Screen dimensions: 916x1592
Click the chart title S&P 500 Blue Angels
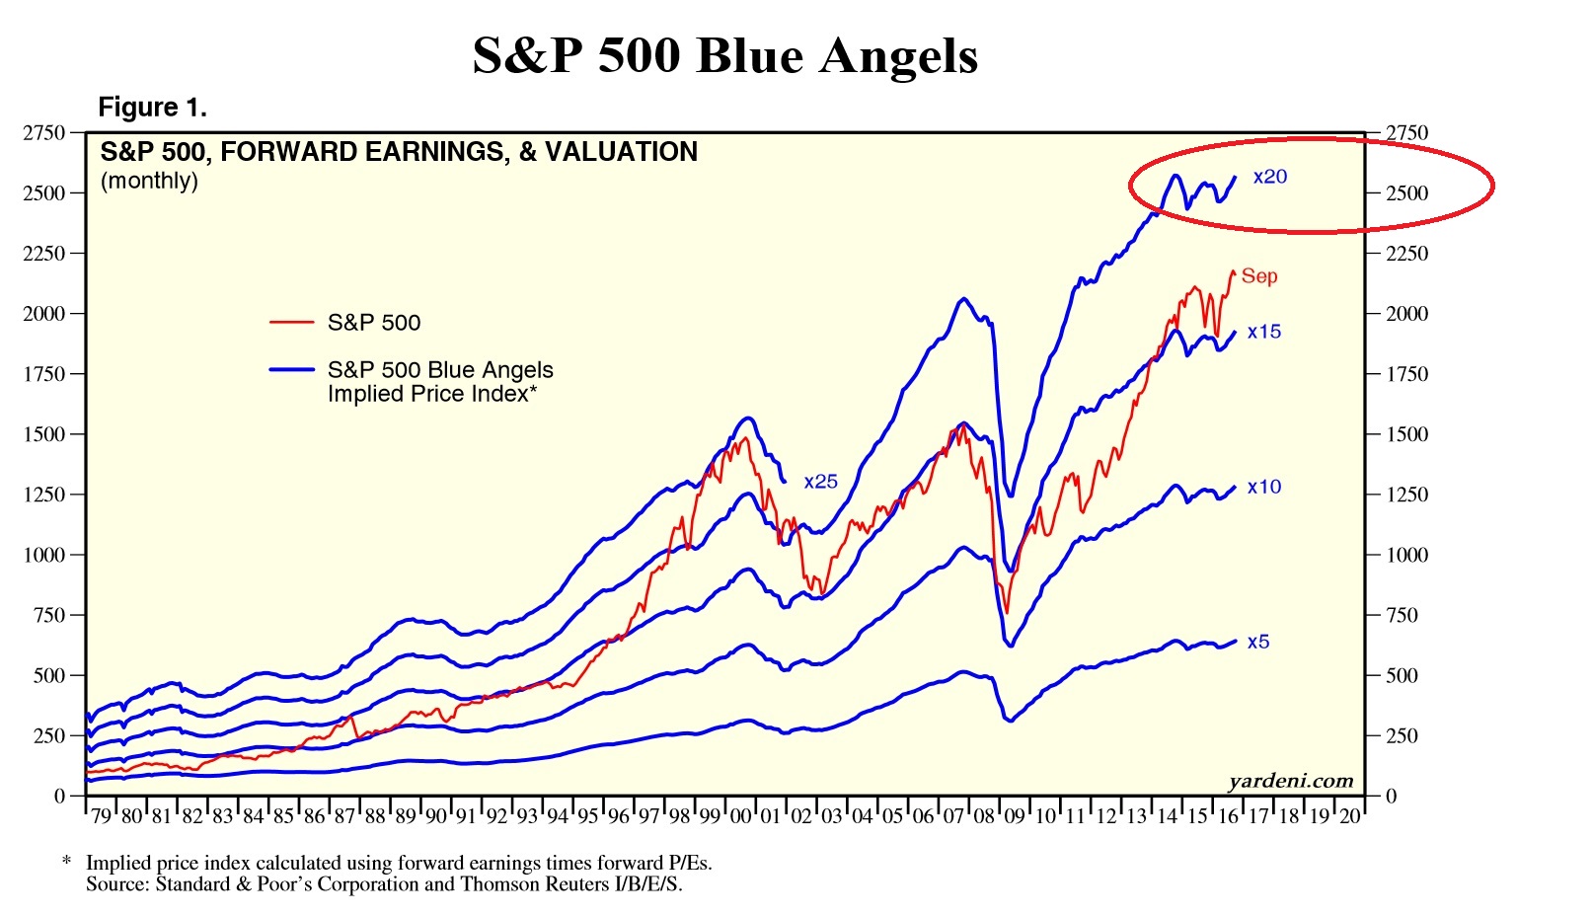[x=724, y=55]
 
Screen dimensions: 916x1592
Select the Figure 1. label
[x=152, y=107]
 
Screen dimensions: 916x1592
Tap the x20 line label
[x=1270, y=177]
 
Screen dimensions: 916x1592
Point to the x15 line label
[x=1264, y=332]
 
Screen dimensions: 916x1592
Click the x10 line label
[x=1264, y=487]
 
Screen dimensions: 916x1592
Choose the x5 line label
[x=1258, y=642]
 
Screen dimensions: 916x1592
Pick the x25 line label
[x=820, y=482]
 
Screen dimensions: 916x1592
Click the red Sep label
[x=1259, y=276]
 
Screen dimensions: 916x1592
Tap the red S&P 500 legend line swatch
[x=291, y=322]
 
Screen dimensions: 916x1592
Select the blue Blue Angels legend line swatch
[x=291, y=369]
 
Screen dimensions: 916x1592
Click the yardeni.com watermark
[x=1291, y=781]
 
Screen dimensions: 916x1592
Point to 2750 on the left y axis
[x=43, y=132]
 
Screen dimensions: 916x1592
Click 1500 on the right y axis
[x=1406, y=434]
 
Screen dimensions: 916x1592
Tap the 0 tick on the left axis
[x=60, y=796]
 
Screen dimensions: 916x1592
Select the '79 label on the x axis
[x=101, y=816]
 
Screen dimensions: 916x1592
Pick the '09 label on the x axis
[x=1015, y=816]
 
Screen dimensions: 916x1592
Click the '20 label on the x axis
[x=1349, y=816]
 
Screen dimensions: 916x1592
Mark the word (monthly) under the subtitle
[x=149, y=181]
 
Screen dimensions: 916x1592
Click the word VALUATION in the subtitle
[x=621, y=151]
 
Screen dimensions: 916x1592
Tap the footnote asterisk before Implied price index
[x=66, y=862]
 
